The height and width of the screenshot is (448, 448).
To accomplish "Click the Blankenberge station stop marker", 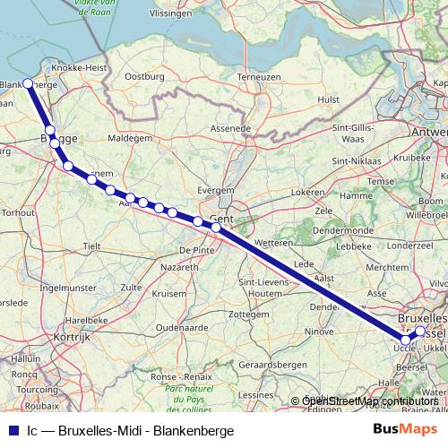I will [x=28, y=83].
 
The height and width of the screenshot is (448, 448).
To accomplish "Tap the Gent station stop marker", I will [x=216, y=227].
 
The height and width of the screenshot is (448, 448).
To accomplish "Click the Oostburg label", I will [x=145, y=78].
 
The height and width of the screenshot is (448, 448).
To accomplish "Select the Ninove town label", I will [x=319, y=332].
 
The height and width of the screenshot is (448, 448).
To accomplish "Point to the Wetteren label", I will [x=274, y=243].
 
